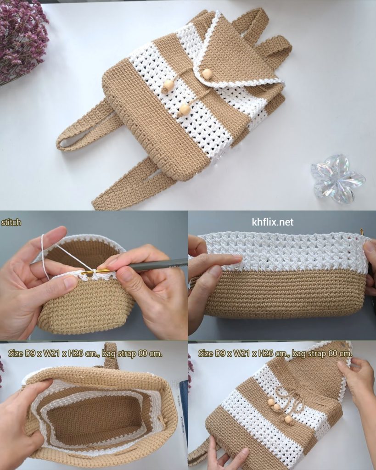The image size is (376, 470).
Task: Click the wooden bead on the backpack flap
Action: [207, 73]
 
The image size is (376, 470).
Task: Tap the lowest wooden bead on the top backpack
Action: [183, 110]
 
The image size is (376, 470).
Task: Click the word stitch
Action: [11, 222]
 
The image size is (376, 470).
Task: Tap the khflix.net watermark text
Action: [273, 222]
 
